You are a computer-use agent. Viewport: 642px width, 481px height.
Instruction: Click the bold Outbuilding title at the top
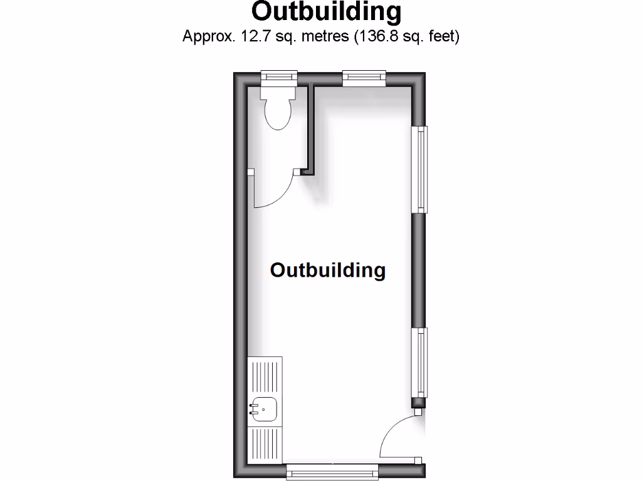[326, 11]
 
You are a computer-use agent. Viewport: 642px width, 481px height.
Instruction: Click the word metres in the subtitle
[325, 36]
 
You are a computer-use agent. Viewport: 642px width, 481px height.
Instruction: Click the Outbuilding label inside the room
[328, 270]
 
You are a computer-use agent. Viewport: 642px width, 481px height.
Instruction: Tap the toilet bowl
[278, 114]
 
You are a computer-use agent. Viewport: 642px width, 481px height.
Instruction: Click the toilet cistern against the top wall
[278, 93]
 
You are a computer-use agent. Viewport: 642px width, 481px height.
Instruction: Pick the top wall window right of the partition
[364, 78]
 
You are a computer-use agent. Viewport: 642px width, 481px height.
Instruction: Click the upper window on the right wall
[419, 169]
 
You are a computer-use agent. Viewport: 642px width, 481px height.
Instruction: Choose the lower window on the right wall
[419, 363]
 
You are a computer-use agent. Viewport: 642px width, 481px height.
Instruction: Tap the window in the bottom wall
[332, 472]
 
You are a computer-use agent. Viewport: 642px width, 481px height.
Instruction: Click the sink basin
[265, 410]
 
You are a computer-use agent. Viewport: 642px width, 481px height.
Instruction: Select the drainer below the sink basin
[265, 445]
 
